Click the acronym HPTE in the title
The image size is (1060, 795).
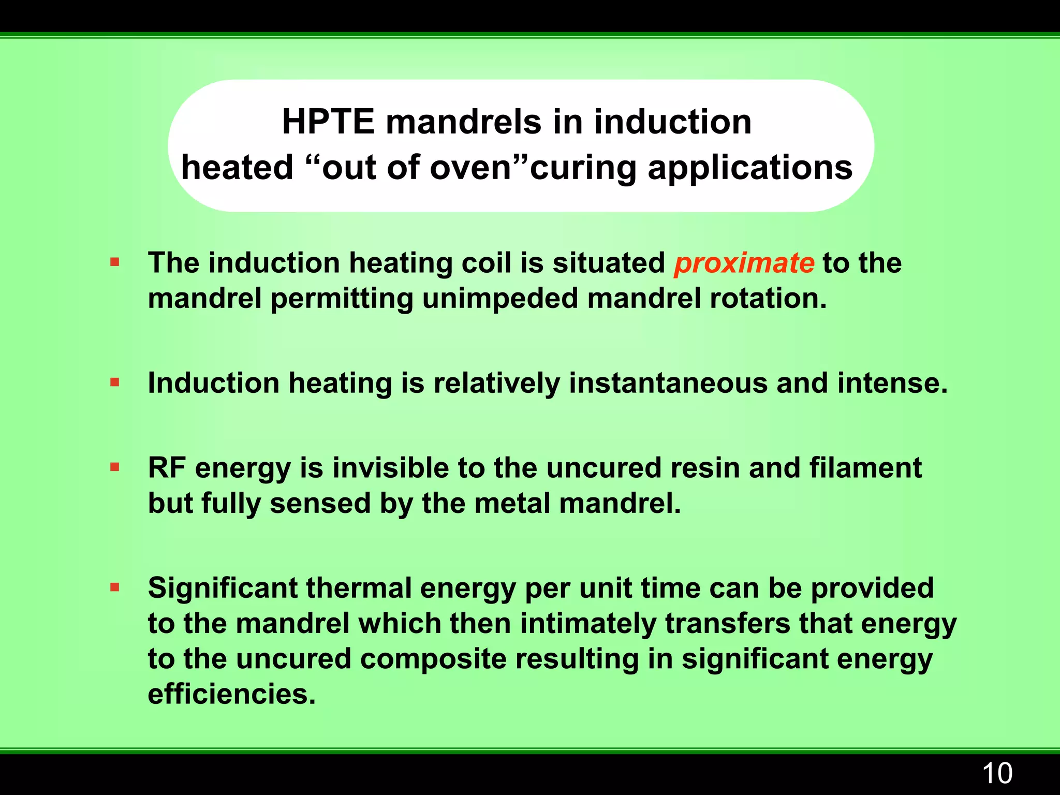click(328, 122)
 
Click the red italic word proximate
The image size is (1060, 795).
click(744, 263)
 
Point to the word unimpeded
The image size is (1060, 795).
click(500, 299)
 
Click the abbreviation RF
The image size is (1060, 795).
click(167, 468)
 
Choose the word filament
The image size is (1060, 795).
click(865, 468)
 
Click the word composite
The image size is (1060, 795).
click(433, 659)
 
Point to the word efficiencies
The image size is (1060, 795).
click(231, 694)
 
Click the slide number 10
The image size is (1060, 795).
click(996, 774)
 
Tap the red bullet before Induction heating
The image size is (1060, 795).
click(115, 383)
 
